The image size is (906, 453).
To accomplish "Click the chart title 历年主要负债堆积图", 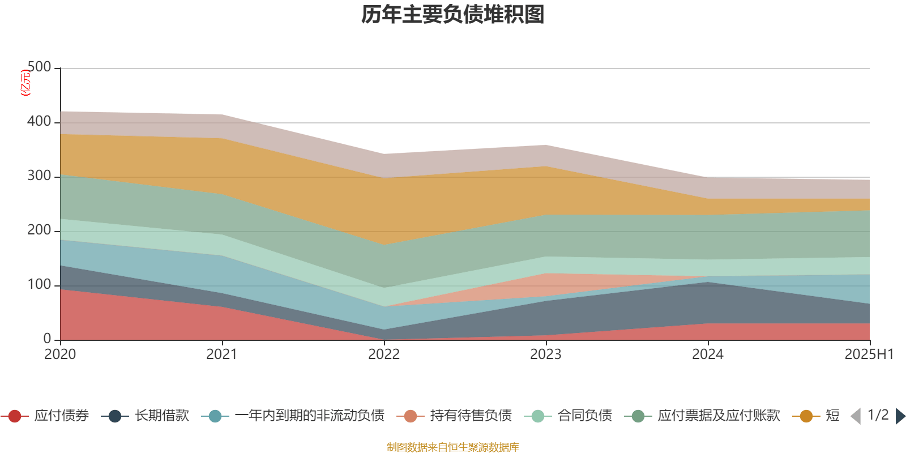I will (x=453, y=15).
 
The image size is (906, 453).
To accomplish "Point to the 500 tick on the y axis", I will (x=39, y=67).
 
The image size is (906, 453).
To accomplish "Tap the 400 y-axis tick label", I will (x=39, y=122).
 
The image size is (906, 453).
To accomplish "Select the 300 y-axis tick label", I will (x=39, y=176).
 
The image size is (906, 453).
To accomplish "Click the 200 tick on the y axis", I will (x=39, y=230).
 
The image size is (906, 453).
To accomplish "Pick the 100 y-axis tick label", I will (x=39, y=285).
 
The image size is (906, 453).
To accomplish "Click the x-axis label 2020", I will (x=60, y=354).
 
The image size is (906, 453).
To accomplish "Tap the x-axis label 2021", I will (x=222, y=354).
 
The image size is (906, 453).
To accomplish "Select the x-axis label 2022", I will (x=384, y=354).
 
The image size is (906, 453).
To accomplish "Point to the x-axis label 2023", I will (x=546, y=354).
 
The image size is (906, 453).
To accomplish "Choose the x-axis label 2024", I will (x=708, y=354).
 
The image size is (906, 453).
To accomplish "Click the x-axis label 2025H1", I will (x=869, y=354).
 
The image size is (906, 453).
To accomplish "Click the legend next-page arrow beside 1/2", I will (x=900, y=416).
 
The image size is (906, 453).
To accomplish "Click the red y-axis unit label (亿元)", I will (x=25, y=83).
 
